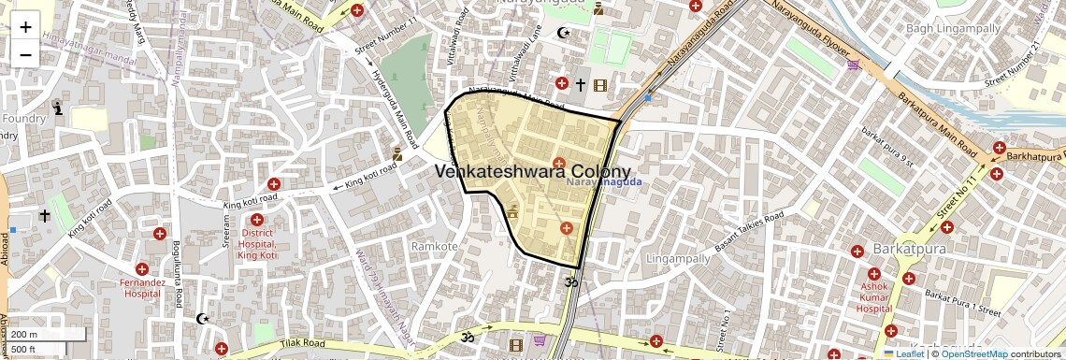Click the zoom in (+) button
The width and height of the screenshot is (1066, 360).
point(25,26)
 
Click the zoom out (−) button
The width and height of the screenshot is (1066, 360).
point(25,54)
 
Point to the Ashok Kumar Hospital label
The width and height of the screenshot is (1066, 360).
point(874,297)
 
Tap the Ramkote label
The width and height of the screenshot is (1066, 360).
point(435,246)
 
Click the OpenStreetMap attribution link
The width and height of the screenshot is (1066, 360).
point(973,353)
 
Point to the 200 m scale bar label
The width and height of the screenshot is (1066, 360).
point(25,335)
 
